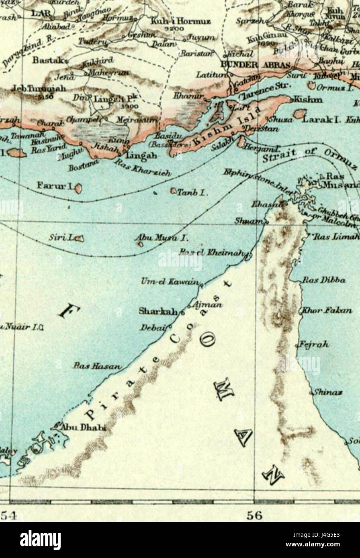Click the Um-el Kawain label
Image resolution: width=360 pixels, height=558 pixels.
170,282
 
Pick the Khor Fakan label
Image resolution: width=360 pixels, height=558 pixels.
327,310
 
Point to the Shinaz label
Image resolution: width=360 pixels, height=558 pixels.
327,392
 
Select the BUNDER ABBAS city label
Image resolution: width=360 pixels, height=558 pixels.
255,66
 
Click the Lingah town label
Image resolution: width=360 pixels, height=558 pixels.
138,155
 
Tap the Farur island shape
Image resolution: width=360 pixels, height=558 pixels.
78,188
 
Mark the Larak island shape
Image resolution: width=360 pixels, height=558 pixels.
299,114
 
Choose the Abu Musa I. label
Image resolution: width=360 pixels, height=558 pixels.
161,238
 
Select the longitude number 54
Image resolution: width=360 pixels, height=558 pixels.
8,515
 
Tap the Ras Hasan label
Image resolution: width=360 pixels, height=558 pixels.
96,366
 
